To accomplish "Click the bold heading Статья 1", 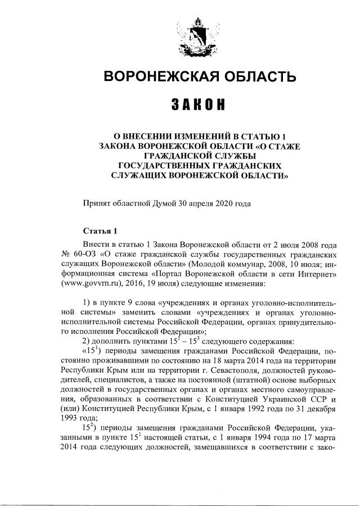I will [100, 231].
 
